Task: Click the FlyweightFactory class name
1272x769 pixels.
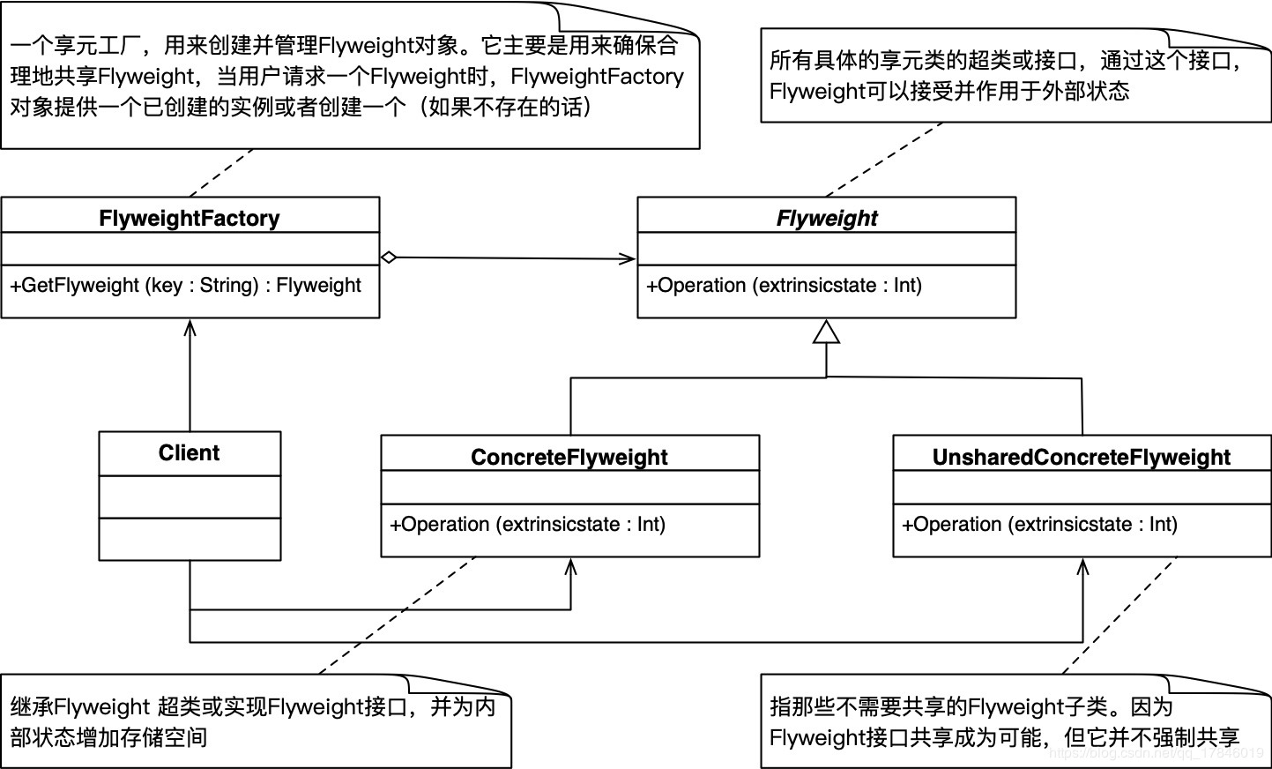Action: coord(190,218)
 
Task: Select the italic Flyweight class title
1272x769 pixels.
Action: coord(826,218)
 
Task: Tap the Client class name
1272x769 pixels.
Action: coord(189,453)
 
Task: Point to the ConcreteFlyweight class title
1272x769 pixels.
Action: coord(569,457)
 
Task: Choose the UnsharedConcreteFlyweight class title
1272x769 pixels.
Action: coord(1081,457)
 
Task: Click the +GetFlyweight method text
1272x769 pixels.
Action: coord(186,285)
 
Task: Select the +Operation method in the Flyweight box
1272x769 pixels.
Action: coord(784,285)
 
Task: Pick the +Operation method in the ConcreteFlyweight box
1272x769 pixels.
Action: coord(527,524)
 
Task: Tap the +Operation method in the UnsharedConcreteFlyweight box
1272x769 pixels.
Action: coord(1039,524)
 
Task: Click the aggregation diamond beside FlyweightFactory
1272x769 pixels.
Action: coord(389,258)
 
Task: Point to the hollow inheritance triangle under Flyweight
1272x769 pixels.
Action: coord(826,332)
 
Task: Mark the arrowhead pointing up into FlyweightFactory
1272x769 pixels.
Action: coord(190,326)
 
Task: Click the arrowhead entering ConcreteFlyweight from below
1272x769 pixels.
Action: coord(570,565)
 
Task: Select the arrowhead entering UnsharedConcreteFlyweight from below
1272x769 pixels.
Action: coord(1082,565)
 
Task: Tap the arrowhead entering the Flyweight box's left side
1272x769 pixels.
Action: coord(629,258)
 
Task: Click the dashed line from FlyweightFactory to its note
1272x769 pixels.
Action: coord(221,173)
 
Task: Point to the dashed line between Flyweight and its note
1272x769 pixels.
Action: coord(884,160)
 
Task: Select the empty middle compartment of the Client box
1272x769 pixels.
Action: coord(190,497)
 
